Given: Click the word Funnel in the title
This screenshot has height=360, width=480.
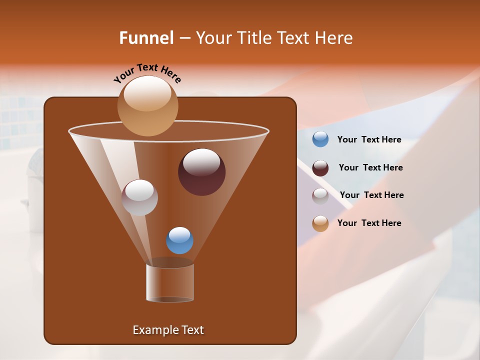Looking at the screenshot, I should (x=146, y=38).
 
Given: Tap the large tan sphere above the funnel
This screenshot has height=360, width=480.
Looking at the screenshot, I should (x=147, y=105).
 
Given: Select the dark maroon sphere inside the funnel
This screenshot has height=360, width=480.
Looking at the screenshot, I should (x=202, y=172).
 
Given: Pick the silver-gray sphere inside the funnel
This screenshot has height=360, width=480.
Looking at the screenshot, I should (x=140, y=197).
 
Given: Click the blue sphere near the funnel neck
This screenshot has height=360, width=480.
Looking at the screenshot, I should (x=179, y=240).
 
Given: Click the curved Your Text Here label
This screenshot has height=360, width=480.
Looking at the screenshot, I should (x=147, y=73).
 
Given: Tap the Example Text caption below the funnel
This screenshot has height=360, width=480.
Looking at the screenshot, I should (x=168, y=330).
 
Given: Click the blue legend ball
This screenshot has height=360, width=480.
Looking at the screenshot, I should (x=320, y=139).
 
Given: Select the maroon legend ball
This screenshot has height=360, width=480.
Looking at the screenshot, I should (x=320, y=168).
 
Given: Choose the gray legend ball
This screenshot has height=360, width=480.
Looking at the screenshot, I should (x=320, y=195).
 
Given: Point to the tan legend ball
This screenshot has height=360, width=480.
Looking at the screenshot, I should (x=320, y=223).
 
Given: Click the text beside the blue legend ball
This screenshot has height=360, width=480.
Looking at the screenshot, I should (x=369, y=140).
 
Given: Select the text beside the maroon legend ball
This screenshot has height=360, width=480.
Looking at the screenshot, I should (x=370, y=168).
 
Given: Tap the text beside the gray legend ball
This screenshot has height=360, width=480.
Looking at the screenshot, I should (x=371, y=195).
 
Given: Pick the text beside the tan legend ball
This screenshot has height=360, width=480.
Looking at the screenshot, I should (x=369, y=223).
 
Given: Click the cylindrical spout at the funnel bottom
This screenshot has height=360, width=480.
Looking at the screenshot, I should (x=170, y=282).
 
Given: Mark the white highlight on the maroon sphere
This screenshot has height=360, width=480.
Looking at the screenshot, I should (x=201, y=162).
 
